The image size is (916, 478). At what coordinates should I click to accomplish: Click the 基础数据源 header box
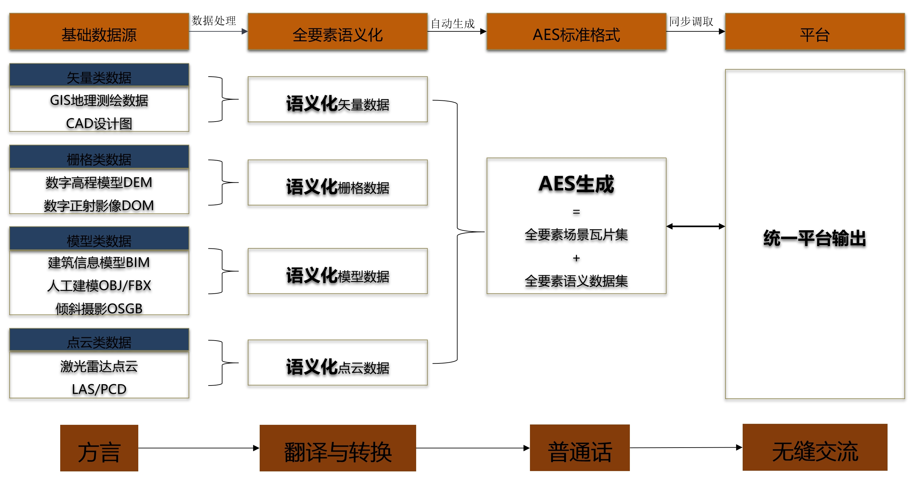(x=99, y=32)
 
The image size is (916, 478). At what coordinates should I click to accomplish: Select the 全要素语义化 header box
(x=337, y=32)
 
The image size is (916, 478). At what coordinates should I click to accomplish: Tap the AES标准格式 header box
(x=576, y=32)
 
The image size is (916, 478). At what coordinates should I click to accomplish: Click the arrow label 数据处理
(x=214, y=20)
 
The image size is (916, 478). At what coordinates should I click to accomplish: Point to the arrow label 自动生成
(x=453, y=23)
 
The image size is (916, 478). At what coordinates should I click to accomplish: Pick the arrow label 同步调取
(x=691, y=21)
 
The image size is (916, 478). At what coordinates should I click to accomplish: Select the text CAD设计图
(x=99, y=123)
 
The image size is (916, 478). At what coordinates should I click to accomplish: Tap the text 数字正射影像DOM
(x=99, y=205)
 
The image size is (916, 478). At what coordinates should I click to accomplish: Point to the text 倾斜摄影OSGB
(x=99, y=308)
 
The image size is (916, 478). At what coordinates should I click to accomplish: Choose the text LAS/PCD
(x=99, y=389)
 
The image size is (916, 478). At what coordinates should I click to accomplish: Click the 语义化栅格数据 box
(x=337, y=183)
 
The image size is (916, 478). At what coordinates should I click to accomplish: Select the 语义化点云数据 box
(x=337, y=363)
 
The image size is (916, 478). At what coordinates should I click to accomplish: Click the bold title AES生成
(x=576, y=184)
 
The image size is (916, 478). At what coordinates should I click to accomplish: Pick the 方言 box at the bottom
(x=99, y=448)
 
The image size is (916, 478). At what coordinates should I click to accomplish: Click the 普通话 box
(x=579, y=448)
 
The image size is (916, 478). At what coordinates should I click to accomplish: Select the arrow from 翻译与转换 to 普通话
(x=473, y=448)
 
